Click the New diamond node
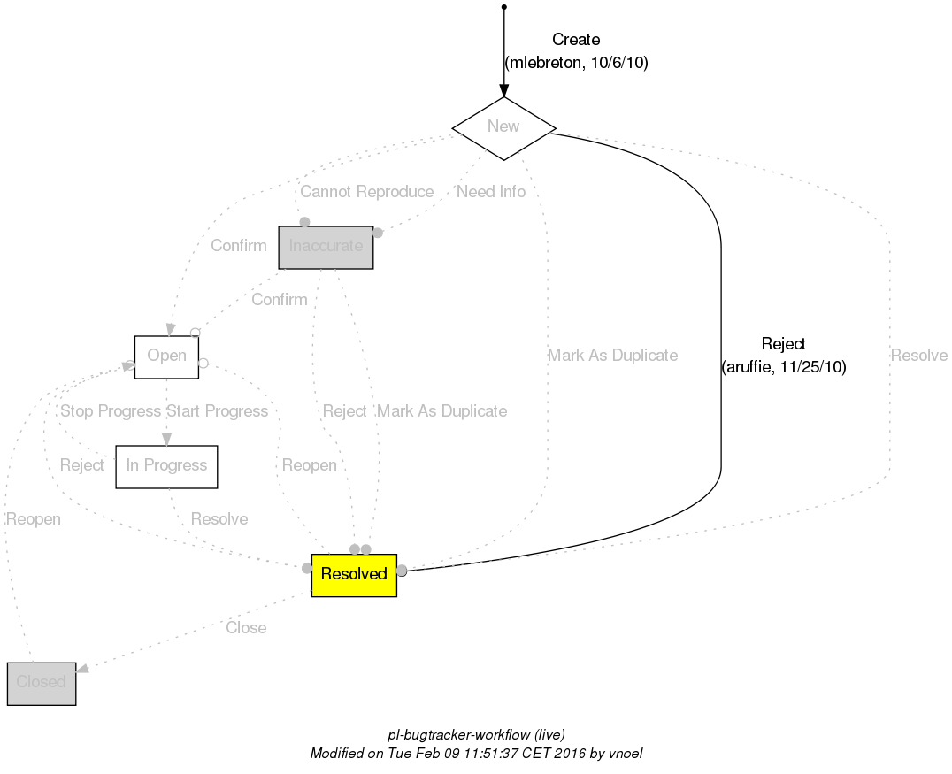[503, 126]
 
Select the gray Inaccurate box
[326, 247]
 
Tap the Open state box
[166, 356]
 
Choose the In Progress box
[166, 466]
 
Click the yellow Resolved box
[354, 575]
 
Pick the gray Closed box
[42, 683]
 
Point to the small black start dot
[503, 7]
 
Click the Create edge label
[576, 40]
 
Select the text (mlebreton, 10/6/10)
[576, 63]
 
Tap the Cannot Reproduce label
[366, 192]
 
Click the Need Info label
[491, 192]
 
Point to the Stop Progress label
[111, 411]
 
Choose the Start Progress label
[217, 411]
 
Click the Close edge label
[246, 628]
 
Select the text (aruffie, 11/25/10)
[784, 367]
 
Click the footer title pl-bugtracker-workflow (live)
[477, 735]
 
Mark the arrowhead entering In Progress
[166, 440]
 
